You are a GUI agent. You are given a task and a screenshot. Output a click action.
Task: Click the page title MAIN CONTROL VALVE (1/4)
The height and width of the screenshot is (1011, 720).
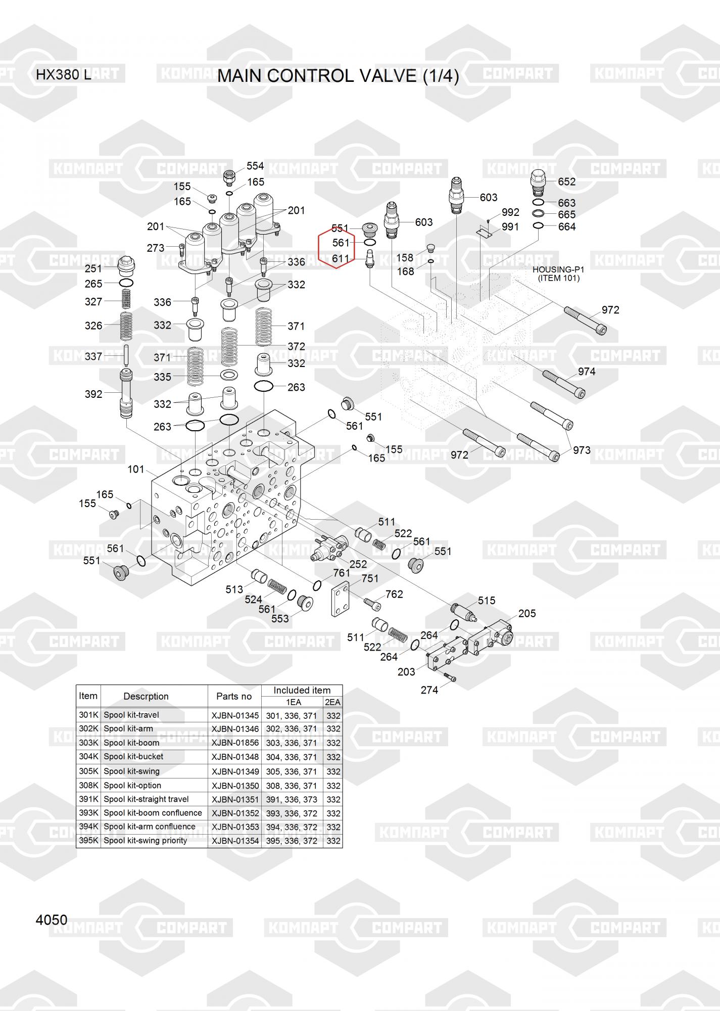[x=338, y=76]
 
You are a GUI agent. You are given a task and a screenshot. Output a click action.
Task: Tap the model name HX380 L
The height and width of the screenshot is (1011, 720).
[x=63, y=75]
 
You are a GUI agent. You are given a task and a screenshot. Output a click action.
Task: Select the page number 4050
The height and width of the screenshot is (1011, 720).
[x=52, y=920]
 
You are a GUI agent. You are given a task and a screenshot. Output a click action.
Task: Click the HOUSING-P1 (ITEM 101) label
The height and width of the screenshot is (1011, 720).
[x=558, y=274]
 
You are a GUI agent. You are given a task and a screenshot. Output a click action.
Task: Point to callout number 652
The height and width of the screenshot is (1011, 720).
[x=567, y=181]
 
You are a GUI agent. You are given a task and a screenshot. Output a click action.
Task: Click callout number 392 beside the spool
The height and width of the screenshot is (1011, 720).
[x=93, y=394]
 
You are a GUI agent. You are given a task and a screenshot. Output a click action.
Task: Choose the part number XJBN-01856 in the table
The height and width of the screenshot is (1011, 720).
[x=235, y=743]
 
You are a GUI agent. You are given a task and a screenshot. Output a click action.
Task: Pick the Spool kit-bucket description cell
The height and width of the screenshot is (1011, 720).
[x=133, y=757]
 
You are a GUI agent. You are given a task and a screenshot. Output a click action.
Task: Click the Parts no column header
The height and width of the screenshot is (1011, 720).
[x=234, y=696]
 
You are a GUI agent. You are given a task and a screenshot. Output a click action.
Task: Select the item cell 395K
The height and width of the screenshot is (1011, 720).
[x=88, y=841]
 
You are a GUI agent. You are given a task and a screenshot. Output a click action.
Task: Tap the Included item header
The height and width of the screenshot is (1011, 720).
[x=302, y=691]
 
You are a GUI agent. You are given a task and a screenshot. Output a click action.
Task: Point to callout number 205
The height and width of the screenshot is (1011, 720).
[x=527, y=613]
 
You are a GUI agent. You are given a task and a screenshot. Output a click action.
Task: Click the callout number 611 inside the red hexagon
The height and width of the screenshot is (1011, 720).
[x=341, y=259]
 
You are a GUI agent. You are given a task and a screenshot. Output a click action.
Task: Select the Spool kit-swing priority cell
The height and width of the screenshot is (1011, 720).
[x=146, y=841]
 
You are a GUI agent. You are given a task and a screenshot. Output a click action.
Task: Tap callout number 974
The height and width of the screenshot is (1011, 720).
[x=587, y=372]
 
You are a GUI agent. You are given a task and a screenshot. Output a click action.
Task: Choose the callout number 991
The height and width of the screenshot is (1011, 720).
[x=510, y=227]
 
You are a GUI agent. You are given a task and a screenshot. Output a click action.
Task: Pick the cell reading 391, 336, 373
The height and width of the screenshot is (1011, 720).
[x=292, y=800]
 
